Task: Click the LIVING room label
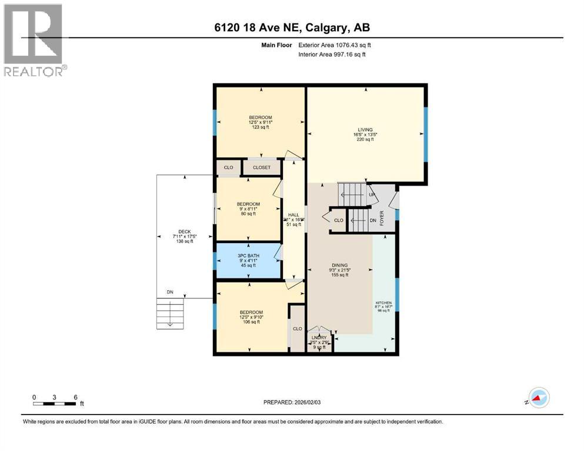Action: click(x=365, y=130)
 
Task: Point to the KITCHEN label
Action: click(x=383, y=303)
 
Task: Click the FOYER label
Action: click(x=381, y=218)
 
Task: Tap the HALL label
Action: click(x=293, y=215)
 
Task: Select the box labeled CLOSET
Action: click(x=262, y=167)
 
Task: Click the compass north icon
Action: click(x=538, y=399)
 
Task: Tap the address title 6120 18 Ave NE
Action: click(x=292, y=27)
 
